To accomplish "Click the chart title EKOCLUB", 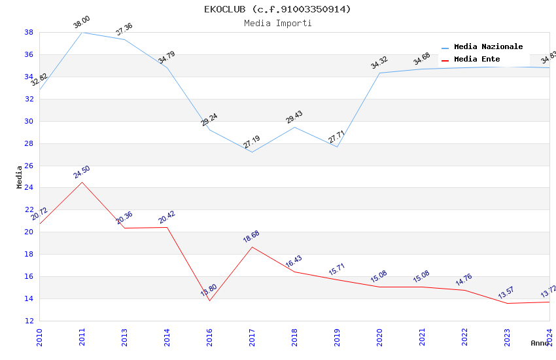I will tap(277, 9).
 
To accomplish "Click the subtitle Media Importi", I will tap(277, 24).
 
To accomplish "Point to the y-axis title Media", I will tap(19, 177).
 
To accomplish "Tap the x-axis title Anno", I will tap(540, 343).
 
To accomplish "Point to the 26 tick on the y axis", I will tap(29, 166).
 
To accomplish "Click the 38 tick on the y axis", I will tap(29, 32).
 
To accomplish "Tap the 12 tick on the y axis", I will tap(29, 321).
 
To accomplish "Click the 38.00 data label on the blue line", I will tap(81, 23).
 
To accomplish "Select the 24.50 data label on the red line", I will tap(82, 172).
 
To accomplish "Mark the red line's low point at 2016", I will tap(209, 300).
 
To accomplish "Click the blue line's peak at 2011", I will tap(82, 32).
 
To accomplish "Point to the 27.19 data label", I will tap(251, 142).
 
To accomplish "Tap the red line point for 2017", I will tap(252, 247).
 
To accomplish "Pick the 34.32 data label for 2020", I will tap(379, 63).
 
